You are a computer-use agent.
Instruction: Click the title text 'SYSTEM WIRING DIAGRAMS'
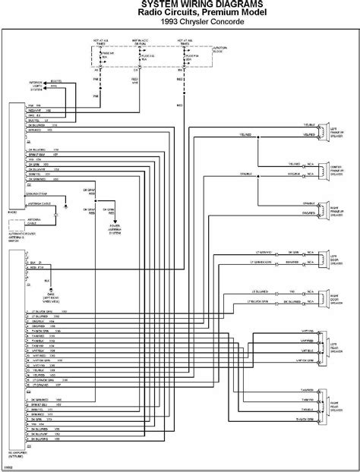coord(180,5)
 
